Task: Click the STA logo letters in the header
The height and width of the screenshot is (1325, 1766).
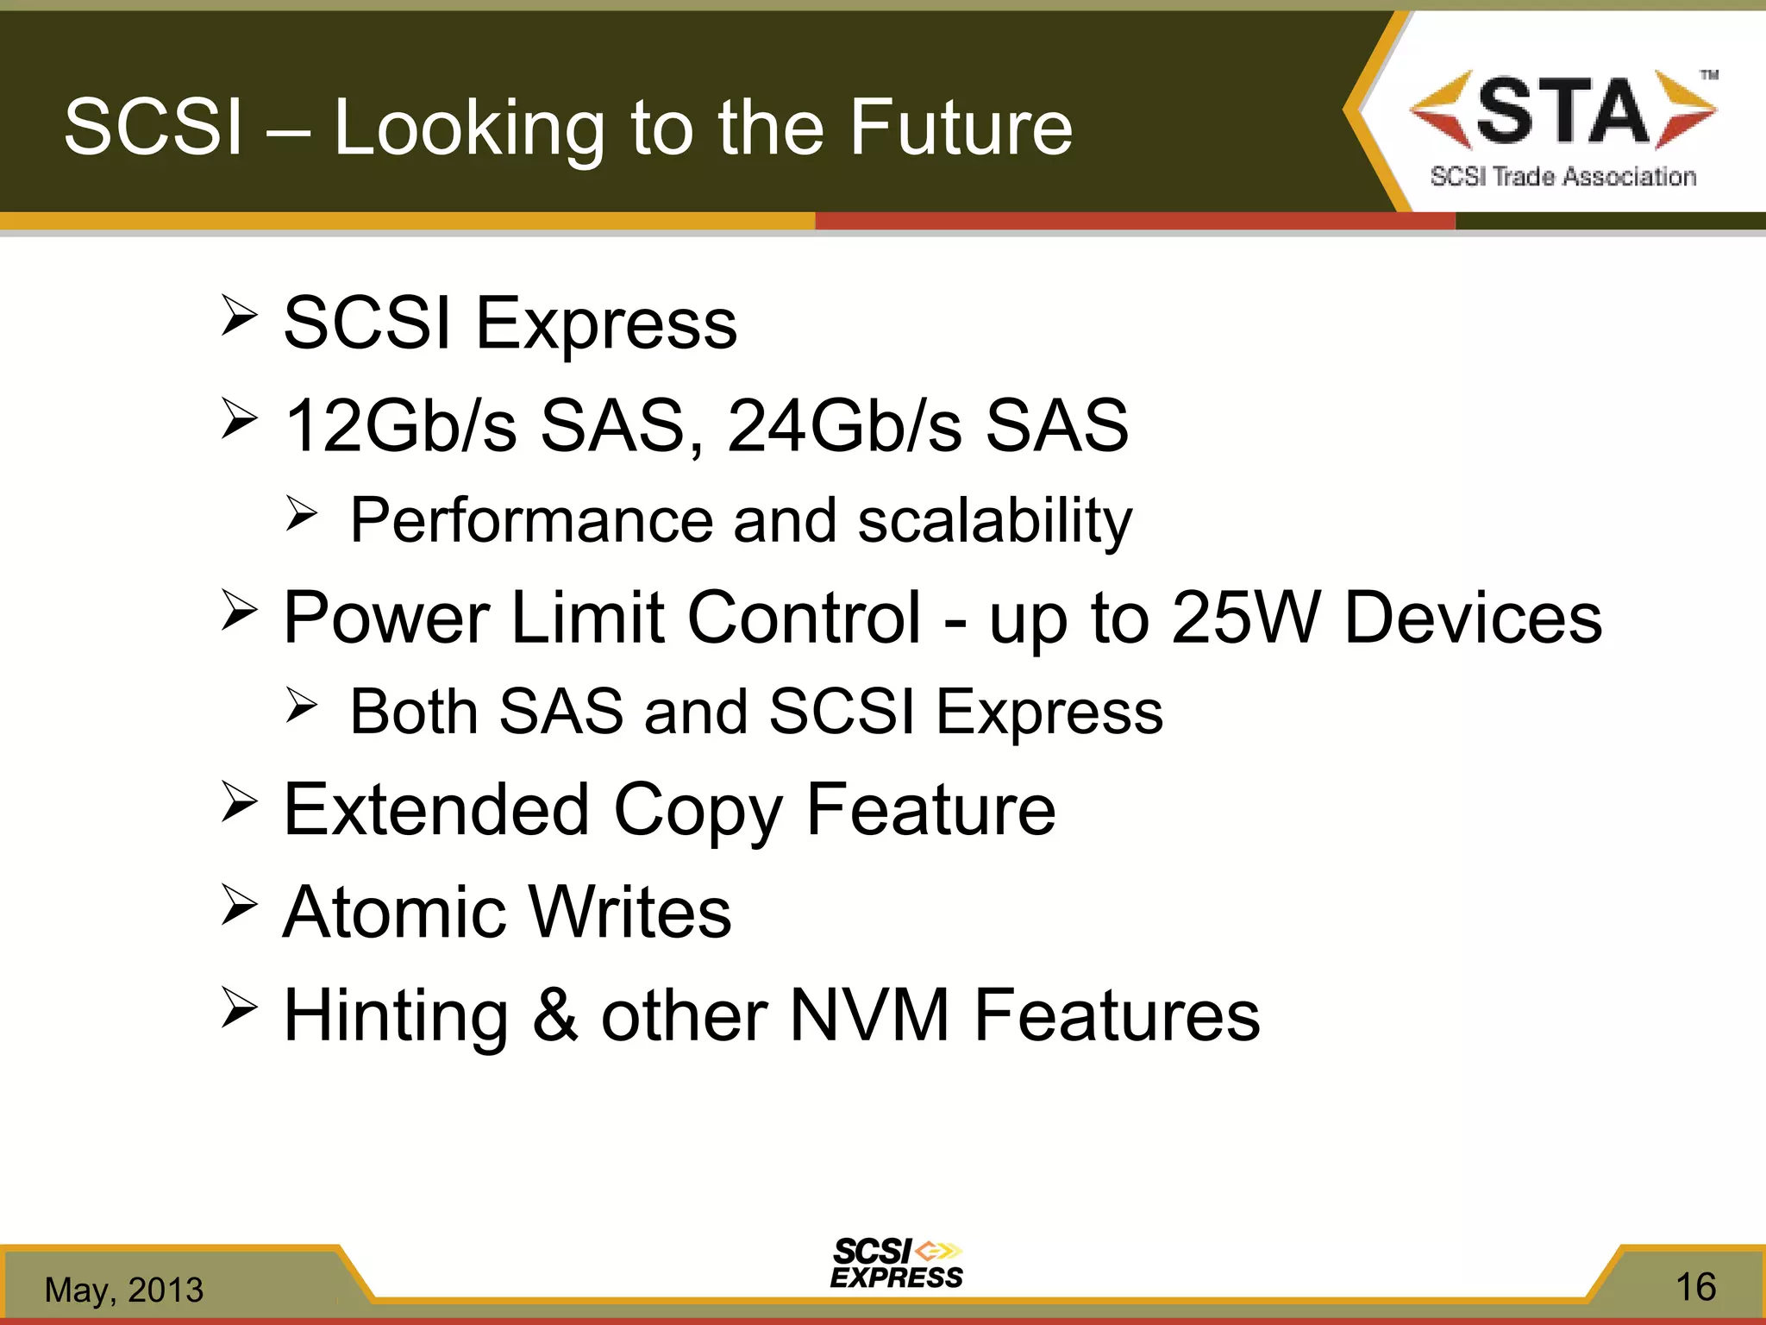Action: (x=1562, y=112)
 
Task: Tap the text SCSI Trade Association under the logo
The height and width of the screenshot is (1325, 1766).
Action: (x=1562, y=177)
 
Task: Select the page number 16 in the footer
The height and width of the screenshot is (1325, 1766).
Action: (x=1694, y=1287)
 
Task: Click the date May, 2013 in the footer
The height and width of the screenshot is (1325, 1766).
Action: (x=124, y=1290)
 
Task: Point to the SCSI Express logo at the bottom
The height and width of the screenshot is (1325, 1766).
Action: (x=897, y=1264)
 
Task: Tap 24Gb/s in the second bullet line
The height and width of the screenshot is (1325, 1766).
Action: (x=843, y=425)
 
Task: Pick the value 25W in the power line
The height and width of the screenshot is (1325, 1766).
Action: (x=1245, y=618)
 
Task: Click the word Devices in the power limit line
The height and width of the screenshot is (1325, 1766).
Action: (x=1473, y=618)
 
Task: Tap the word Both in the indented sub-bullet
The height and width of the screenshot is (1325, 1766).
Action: (x=414, y=712)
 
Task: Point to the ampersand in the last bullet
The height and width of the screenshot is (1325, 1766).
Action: (x=554, y=1015)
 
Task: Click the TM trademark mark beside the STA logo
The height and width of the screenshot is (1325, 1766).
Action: (x=1708, y=75)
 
